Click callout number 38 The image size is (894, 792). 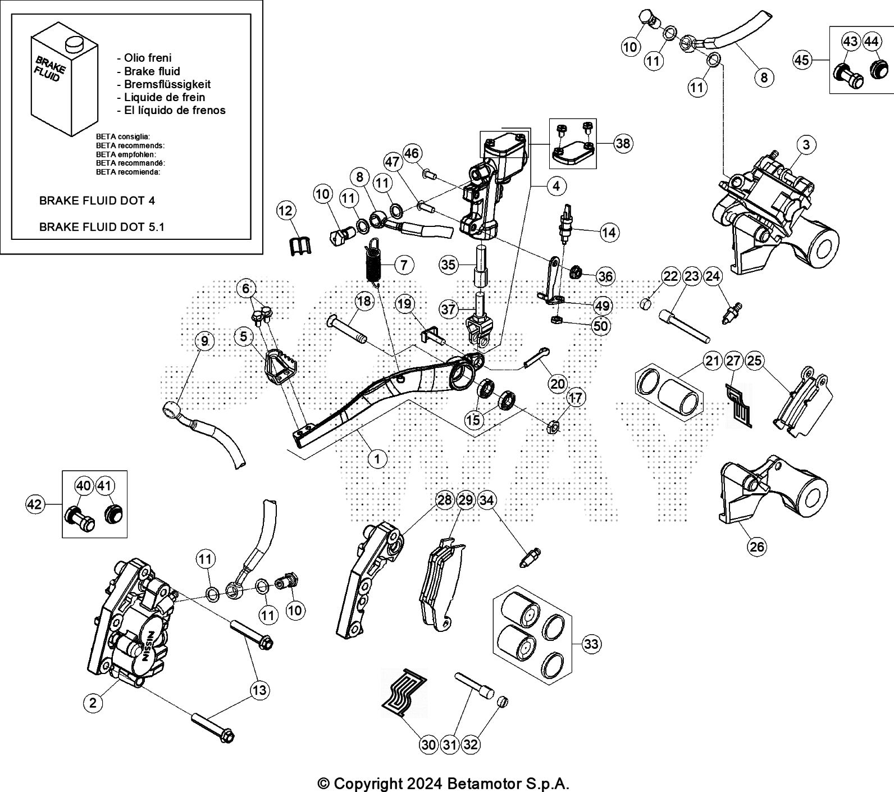(623, 143)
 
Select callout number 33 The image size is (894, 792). (591, 644)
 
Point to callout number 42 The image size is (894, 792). (35, 504)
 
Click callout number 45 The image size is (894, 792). (802, 59)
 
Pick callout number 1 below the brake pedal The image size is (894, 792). (377, 459)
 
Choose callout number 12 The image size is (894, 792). (285, 211)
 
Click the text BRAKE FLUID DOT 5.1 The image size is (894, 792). (102, 227)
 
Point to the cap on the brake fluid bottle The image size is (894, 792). (71, 43)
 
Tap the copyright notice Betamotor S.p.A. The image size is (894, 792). (443, 784)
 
